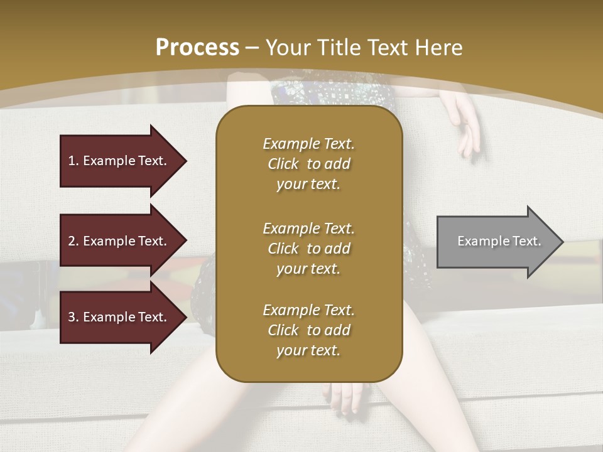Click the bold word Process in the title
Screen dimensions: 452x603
coord(197,48)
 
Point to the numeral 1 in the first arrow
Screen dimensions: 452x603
coord(71,161)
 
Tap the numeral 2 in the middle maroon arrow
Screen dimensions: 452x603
coord(72,241)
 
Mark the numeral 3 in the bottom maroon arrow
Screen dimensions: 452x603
coord(72,317)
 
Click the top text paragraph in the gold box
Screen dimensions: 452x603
coord(308,164)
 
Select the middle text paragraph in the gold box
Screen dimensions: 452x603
coord(308,249)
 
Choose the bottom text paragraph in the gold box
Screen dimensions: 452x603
coord(308,330)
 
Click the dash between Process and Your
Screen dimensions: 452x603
coord(253,48)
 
